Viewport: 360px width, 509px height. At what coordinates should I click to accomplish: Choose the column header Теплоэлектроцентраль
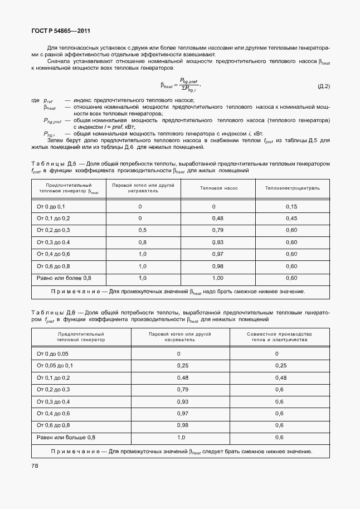292,188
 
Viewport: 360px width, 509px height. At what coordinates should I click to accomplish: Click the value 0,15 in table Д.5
291,206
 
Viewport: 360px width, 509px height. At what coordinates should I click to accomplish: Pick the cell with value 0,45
291,218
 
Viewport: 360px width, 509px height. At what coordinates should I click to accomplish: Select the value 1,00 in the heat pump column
218,278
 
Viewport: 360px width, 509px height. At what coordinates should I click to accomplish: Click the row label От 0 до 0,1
51,206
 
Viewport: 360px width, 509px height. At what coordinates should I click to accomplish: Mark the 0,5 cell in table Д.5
143,230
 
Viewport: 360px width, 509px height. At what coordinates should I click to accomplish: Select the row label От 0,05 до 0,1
55,366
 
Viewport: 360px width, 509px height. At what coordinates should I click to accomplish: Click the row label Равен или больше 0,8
66,437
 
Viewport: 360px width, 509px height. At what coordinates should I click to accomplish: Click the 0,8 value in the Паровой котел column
143,242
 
